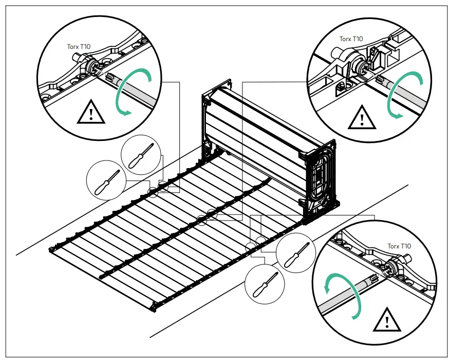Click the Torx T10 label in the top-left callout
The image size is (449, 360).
point(78,46)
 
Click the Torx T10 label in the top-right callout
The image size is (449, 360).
point(351,39)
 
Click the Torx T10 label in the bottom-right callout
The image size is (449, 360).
point(399,246)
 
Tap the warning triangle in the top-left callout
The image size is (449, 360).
point(90,113)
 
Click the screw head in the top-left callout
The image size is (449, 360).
point(93,67)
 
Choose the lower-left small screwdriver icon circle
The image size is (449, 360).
point(106,177)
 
